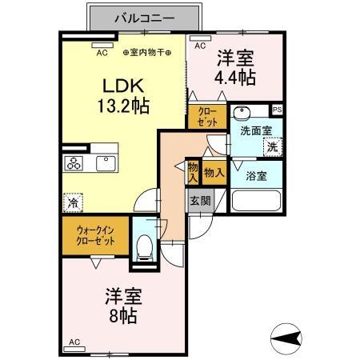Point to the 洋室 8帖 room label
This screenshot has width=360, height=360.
point(122,306)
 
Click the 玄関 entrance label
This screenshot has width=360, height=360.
point(199,202)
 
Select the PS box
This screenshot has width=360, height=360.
point(277,110)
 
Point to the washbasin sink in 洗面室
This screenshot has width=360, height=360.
point(243,113)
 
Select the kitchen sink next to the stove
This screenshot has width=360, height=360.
point(106,163)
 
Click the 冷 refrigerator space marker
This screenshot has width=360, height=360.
point(74,203)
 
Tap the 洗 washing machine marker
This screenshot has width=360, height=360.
point(273,146)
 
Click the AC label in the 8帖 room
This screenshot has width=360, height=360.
point(74,343)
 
